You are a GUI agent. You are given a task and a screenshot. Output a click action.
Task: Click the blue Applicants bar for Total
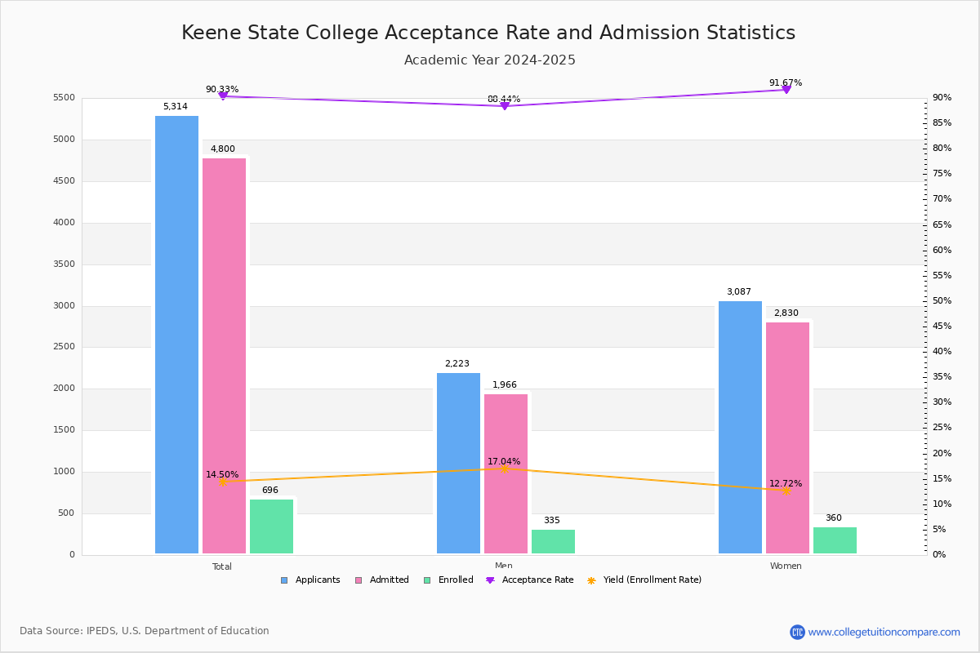point(176,335)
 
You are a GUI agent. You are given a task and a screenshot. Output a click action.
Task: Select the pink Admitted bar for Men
point(506,473)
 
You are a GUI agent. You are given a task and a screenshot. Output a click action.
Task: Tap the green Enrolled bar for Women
point(835,540)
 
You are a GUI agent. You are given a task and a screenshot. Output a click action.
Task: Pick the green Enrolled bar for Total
point(271,526)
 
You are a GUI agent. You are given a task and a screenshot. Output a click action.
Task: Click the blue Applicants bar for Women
point(740,427)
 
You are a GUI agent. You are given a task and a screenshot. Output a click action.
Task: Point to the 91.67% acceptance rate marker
point(786,89)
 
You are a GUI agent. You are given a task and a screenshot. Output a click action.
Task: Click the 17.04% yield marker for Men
point(504,469)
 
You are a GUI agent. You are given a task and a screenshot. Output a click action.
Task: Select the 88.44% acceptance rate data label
point(504,99)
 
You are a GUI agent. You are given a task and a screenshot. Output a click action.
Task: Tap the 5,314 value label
point(176,107)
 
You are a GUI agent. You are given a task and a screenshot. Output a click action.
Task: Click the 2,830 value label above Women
point(786,313)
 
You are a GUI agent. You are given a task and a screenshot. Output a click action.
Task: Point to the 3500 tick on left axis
point(64,264)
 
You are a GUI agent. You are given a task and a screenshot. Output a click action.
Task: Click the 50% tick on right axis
point(942,301)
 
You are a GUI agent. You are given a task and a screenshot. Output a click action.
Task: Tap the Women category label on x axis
point(786,566)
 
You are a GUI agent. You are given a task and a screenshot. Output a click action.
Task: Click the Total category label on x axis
point(222,566)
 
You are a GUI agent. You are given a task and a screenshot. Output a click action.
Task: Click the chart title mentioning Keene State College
point(488,33)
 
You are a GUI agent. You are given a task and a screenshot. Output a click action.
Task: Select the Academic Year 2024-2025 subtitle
point(489,60)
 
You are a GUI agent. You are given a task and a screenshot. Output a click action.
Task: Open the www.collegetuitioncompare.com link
point(884,632)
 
